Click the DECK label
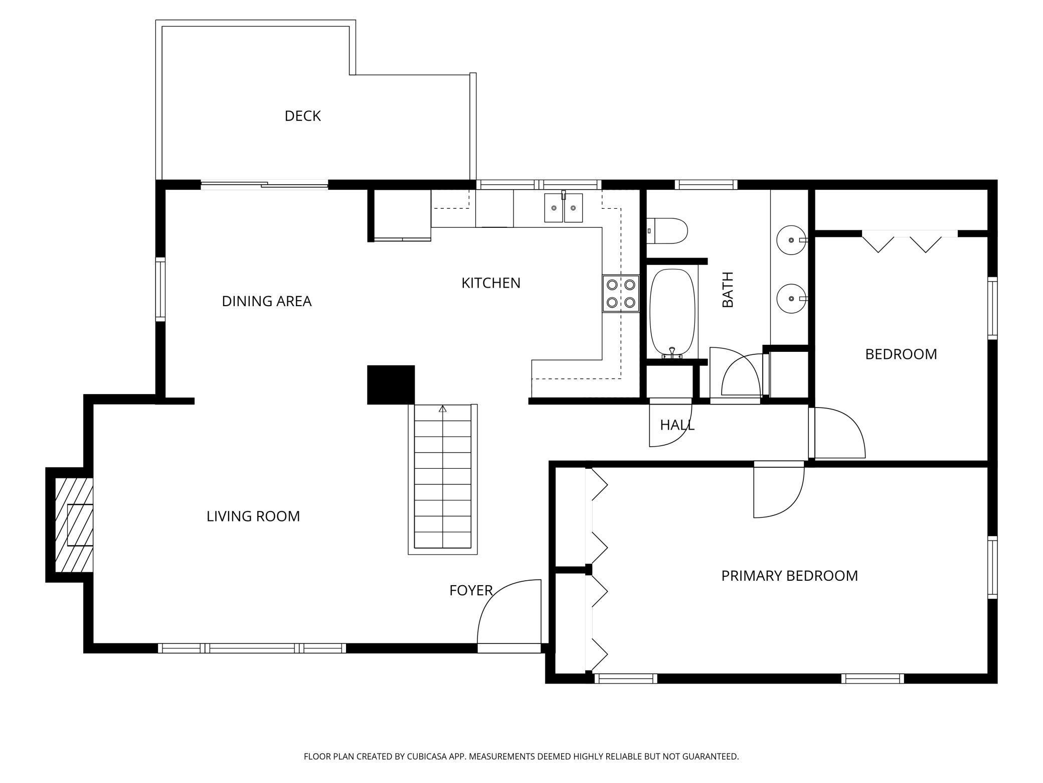click(302, 116)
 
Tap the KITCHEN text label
click(491, 283)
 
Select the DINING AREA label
click(267, 301)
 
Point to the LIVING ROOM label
click(253, 516)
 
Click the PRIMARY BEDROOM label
click(790, 576)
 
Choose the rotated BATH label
click(728, 290)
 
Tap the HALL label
click(677, 425)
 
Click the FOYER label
click(471, 590)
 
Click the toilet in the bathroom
click(666, 231)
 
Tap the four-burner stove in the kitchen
click(621, 294)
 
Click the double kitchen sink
click(564, 207)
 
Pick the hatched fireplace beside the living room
click(74, 525)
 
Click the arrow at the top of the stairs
click(442, 409)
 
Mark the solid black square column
click(391, 385)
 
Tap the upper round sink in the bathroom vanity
click(791, 240)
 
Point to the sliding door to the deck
click(264, 185)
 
